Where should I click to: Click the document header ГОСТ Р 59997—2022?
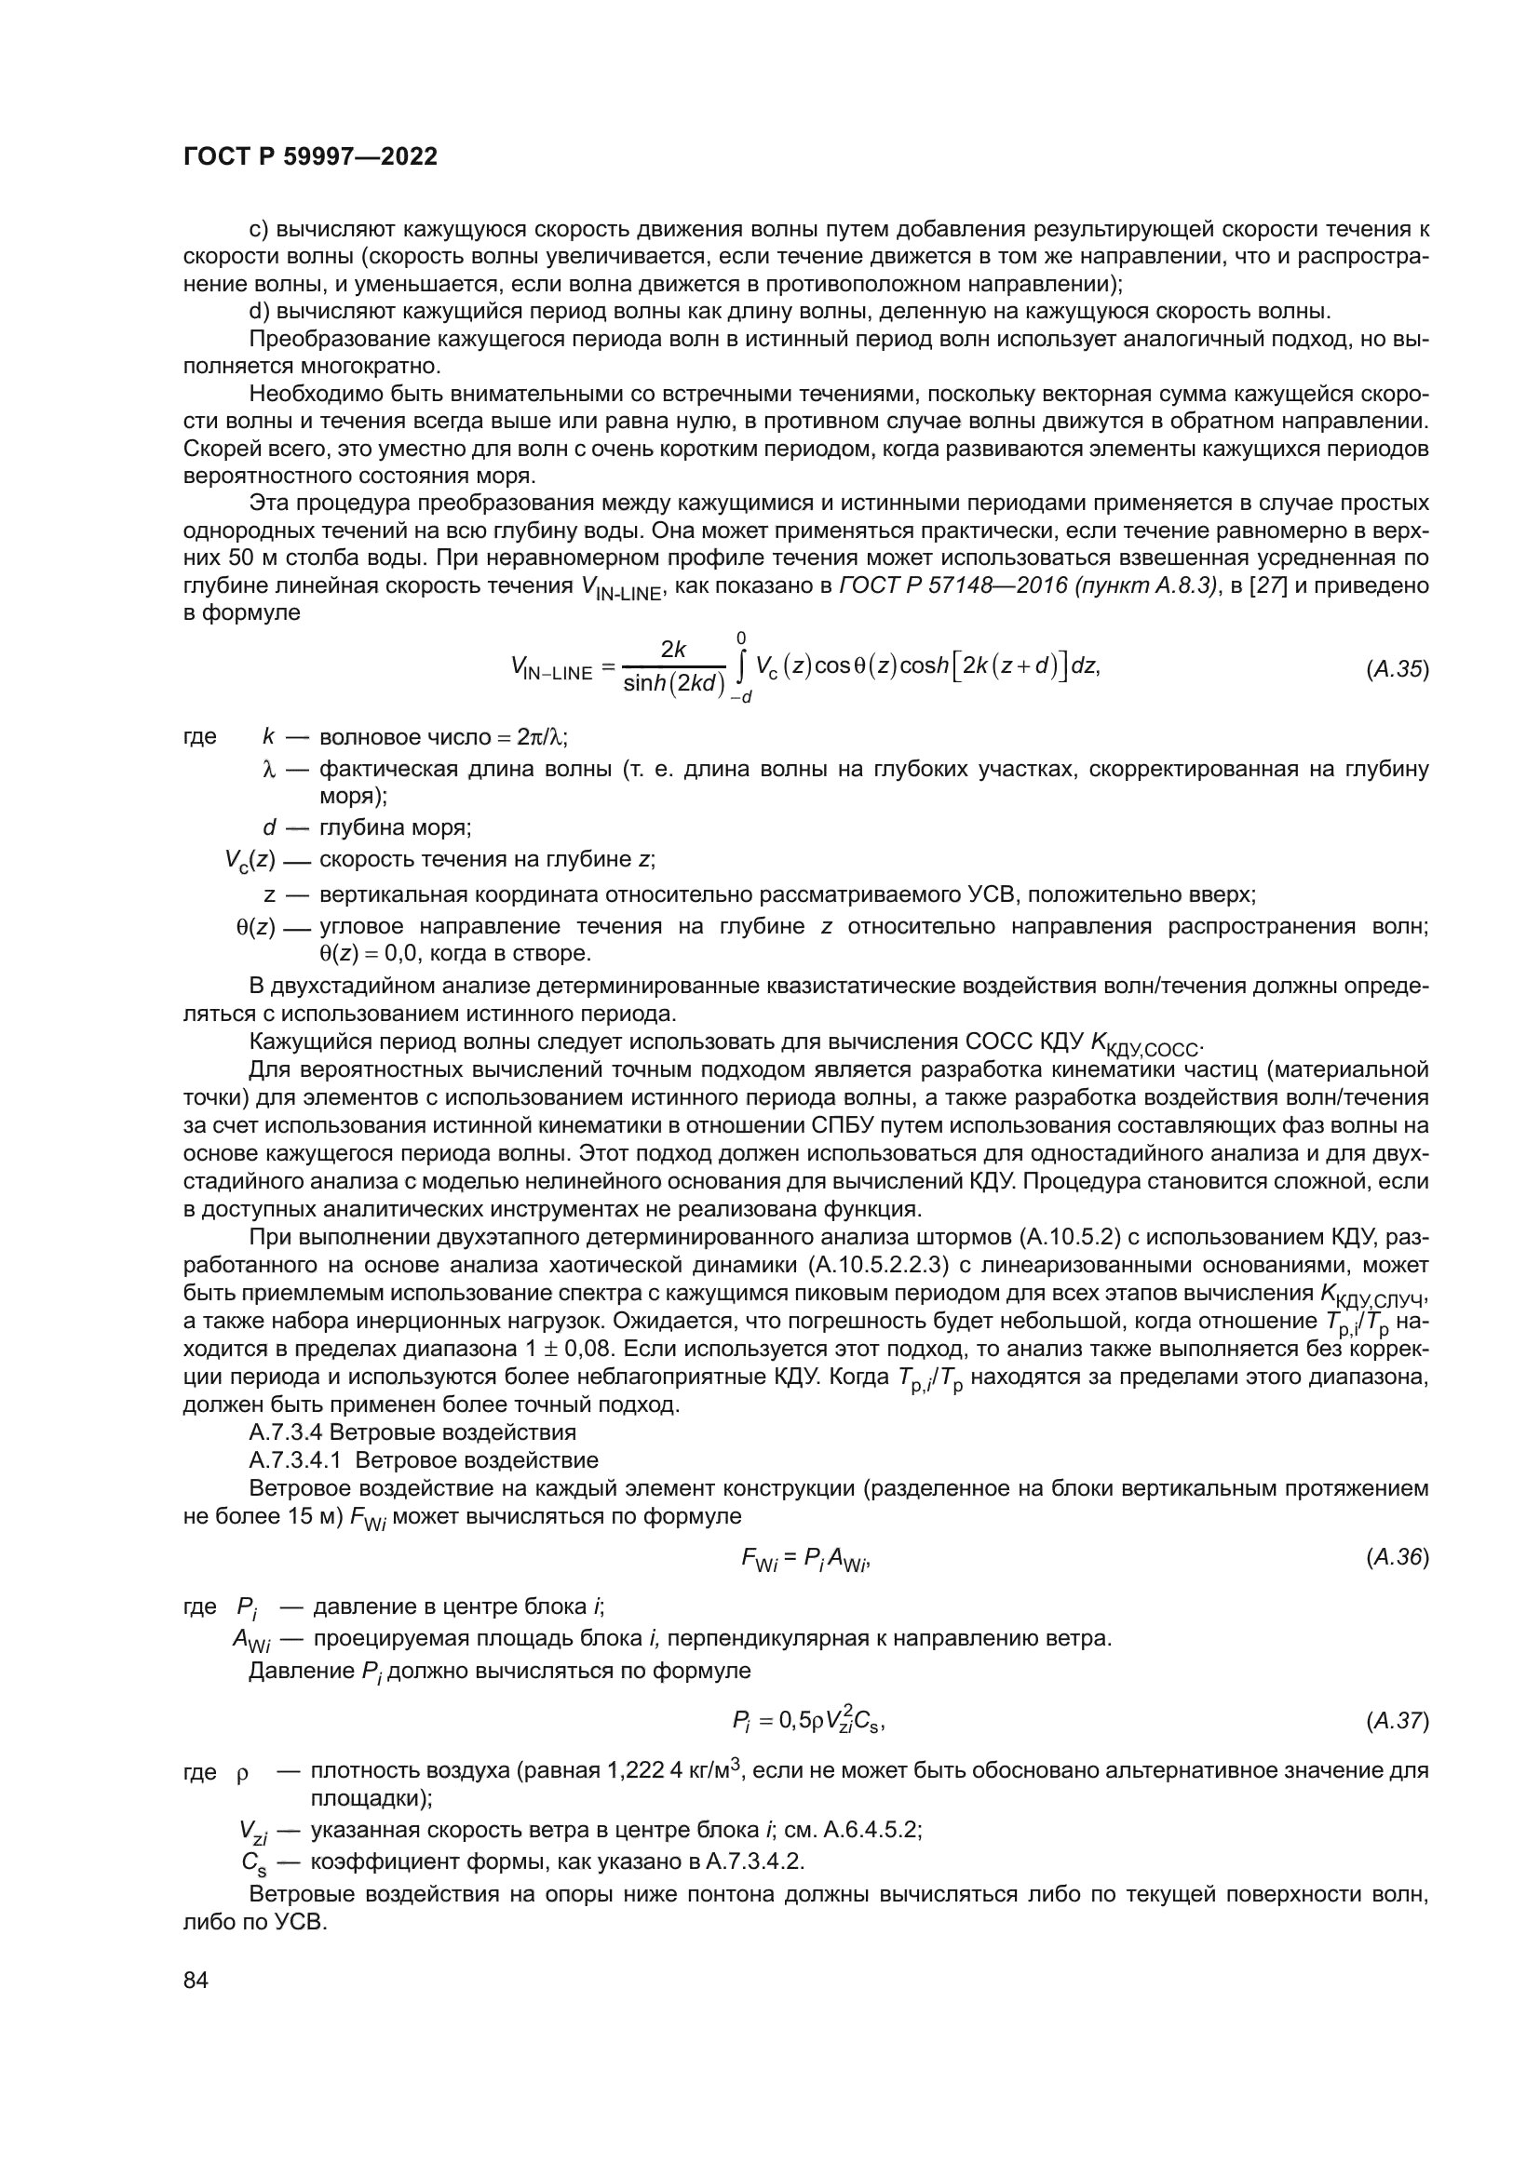pyautogui.click(x=310, y=157)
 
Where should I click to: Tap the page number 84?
pyautogui.click(x=196, y=1980)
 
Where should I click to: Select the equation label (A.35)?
pyautogui.click(x=1397, y=669)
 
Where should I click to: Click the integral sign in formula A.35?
pyautogui.click(x=740, y=667)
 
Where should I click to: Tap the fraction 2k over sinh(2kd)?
pyautogui.click(x=673, y=667)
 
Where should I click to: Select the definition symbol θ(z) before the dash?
pyautogui.click(x=255, y=926)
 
